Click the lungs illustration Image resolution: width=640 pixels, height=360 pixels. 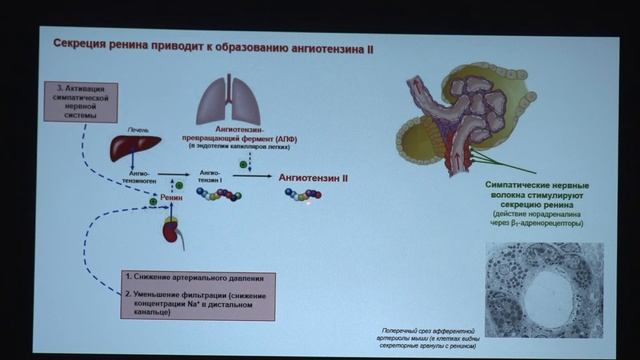pyautogui.click(x=231, y=99)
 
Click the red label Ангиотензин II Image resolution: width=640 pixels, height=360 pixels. pyautogui.click(x=313, y=176)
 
